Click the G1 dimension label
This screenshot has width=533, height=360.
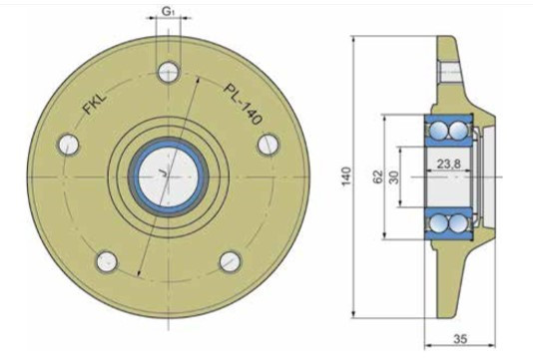(x=168, y=12)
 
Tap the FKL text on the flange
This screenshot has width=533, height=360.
(x=95, y=104)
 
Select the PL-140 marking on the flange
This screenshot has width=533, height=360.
(x=244, y=104)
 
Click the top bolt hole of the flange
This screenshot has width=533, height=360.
(x=169, y=72)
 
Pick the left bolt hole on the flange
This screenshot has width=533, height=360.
(x=69, y=145)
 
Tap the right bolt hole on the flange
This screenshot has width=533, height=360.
(x=268, y=145)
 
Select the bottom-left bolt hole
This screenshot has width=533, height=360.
(x=107, y=262)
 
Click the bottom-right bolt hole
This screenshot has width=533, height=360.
(x=231, y=262)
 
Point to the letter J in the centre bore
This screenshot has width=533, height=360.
(x=164, y=174)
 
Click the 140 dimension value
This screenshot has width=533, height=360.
(x=346, y=176)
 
